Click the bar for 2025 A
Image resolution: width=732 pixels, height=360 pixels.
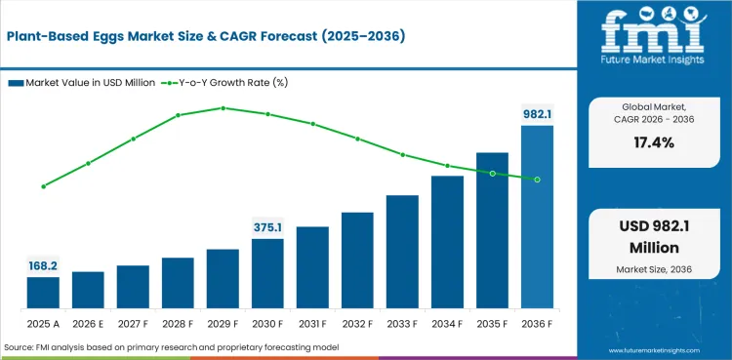[x=43, y=293]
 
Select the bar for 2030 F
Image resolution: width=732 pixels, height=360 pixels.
[x=267, y=273]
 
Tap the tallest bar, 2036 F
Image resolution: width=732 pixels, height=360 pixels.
[x=538, y=217]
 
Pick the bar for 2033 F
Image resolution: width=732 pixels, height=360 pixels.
[x=402, y=252]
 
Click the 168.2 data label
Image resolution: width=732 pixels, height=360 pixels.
[x=43, y=266]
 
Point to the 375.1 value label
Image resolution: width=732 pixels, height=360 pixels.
[x=267, y=227]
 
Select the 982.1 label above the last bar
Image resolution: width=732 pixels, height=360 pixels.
[x=538, y=114]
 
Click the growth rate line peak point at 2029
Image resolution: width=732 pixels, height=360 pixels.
[x=224, y=108]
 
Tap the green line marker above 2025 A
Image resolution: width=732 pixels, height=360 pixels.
[x=43, y=186]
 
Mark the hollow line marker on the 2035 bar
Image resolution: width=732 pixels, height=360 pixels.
[x=493, y=174]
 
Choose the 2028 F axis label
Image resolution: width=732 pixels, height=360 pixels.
[x=178, y=324]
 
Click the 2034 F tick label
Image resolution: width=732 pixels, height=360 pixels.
[x=447, y=324]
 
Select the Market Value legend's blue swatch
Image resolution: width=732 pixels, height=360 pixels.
[x=16, y=83]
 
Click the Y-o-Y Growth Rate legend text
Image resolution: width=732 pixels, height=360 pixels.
[x=233, y=83]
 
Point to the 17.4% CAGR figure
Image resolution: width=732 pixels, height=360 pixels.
[x=654, y=142]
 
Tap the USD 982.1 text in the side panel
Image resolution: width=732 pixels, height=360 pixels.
[x=654, y=226]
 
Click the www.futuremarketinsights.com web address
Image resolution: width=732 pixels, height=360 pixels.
[x=655, y=350]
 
